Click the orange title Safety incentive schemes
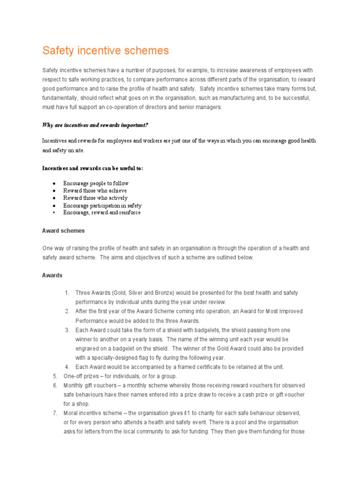pyautogui.click(x=105, y=51)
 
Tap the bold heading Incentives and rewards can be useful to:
pyautogui.click(x=92, y=168)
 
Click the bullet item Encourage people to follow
pyautogui.click(x=96, y=183)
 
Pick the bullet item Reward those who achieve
pyautogui.click(x=95, y=191)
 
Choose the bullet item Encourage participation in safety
pyautogui.click(x=102, y=205)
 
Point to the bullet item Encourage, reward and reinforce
pyautogui.click(x=102, y=212)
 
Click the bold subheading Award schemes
pyautogui.click(x=63, y=231)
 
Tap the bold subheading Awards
pyautogui.click(x=52, y=276)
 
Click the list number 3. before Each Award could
pyautogui.click(x=67, y=330)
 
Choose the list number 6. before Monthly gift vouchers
pyautogui.click(x=55, y=385)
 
